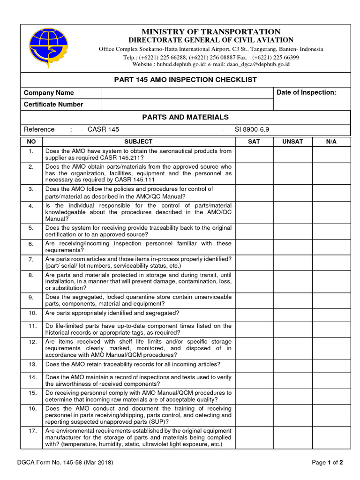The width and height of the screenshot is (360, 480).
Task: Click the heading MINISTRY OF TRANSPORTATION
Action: pyautogui.click(x=211, y=31)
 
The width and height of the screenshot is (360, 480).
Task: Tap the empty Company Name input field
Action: pyautogui.click(x=187, y=93)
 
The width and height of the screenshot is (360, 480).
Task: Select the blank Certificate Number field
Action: pyautogui.click(x=187, y=105)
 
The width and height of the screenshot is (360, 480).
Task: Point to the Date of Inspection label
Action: pyautogui.click(x=307, y=92)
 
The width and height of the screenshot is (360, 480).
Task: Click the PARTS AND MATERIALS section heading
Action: pyautogui.click(x=186, y=117)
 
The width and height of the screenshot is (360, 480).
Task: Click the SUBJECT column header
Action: pyautogui.click(x=138, y=142)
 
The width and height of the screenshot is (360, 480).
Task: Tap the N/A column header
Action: pyautogui.click(x=331, y=142)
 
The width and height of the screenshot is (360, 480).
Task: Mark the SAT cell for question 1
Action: pyautogui.click(x=254, y=154)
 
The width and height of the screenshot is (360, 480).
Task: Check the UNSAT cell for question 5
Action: pyautogui.click(x=292, y=231)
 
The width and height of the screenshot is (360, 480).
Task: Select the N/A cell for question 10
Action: pyautogui.click(x=331, y=313)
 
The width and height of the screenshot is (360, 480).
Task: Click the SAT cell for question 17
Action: pyautogui.click(x=254, y=437)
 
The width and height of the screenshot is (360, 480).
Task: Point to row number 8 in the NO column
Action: pyautogui.click(x=31, y=275)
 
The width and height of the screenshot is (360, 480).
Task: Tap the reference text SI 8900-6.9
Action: pyautogui.click(x=252, y=129)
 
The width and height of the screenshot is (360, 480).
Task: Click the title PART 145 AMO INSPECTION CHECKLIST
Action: pyautogui.click(x=186, y=80)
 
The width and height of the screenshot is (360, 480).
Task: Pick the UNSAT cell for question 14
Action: pyautogui.click(x=292, y=380)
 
